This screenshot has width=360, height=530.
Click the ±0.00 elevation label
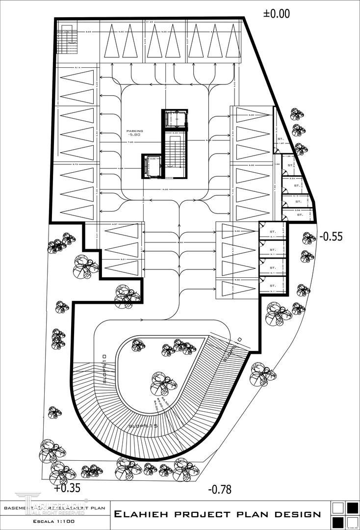click(x=277, y=14)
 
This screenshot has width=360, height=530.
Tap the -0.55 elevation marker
click(x=331, y=236)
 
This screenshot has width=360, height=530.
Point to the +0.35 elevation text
click(x=66, y=488)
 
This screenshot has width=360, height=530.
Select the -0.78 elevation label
click(x=219, y=489)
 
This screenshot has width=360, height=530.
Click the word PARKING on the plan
click(x=134, y=131)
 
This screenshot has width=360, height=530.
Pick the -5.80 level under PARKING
click(x=134, y=136)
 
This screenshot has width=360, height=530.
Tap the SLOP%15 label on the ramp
click(x=143, y=426)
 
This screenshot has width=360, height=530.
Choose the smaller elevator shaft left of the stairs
click(x=152, y=166)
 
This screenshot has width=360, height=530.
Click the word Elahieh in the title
click(x=140, y=514)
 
